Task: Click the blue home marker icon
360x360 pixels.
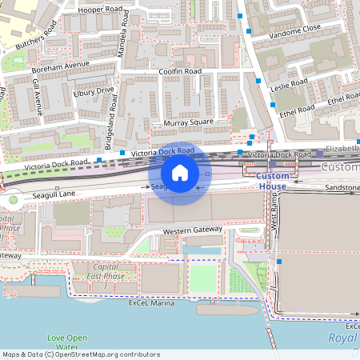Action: (180, 173)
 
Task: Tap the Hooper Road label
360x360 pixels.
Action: (101, 10)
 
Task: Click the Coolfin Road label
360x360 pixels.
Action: (181, 71)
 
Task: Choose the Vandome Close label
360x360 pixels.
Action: (295, 30)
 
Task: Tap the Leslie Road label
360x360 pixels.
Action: (289, 83)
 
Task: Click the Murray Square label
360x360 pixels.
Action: (188, 122)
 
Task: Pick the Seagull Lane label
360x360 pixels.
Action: (54, 194)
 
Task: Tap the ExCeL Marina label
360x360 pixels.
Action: (150, 303)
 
